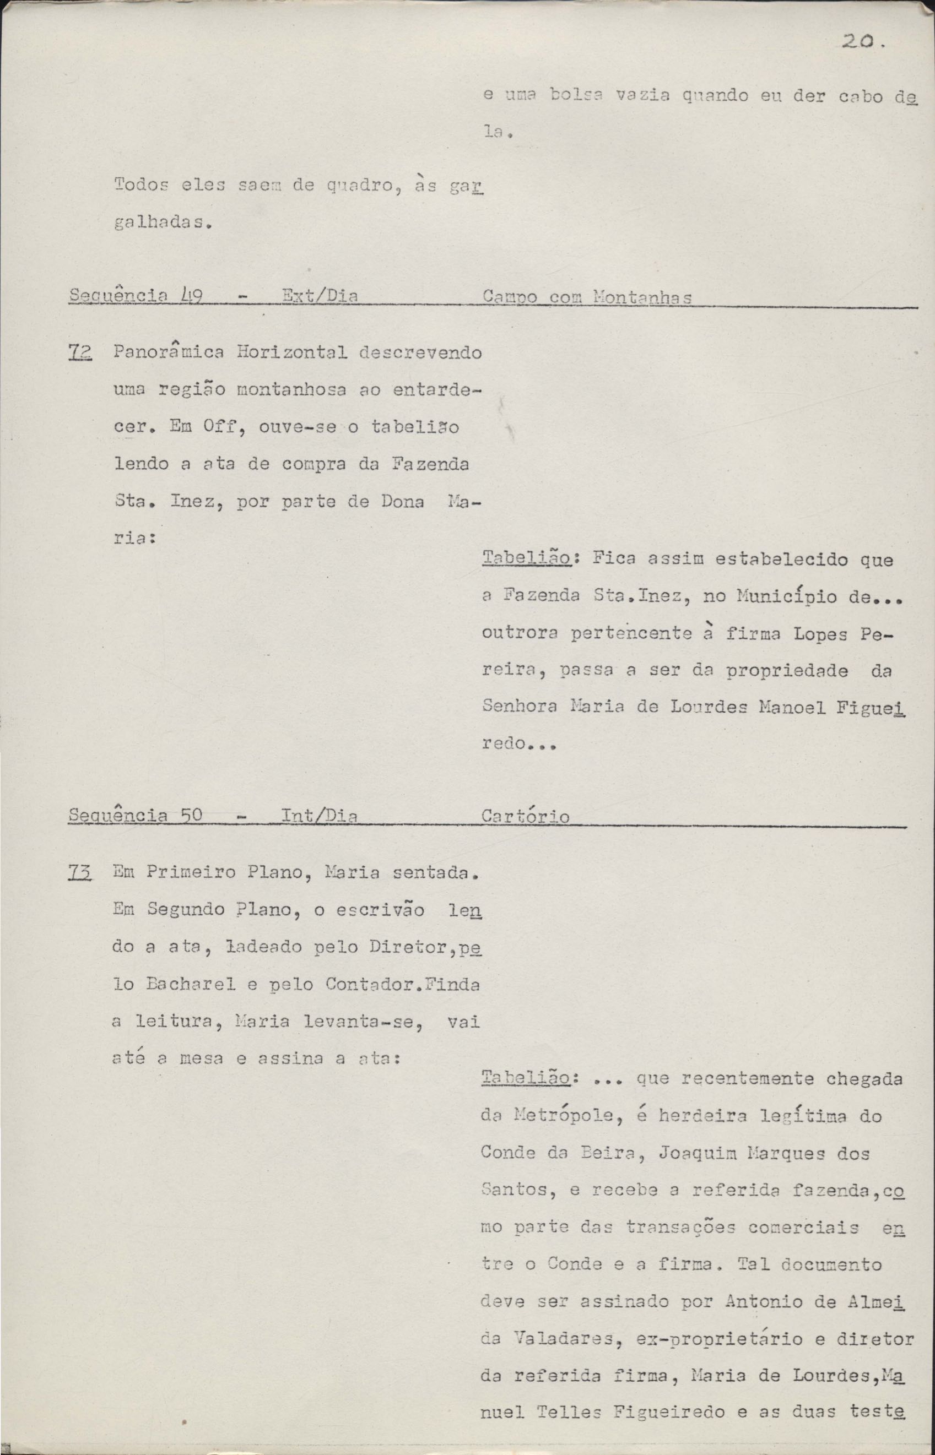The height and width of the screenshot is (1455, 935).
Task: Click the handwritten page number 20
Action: pyautogui.click(x=857, y=42)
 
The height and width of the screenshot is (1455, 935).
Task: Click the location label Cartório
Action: pyautogui.click(x=525, y=817)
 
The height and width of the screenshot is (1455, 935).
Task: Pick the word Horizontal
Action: pyautogui.click(x=284, y=352)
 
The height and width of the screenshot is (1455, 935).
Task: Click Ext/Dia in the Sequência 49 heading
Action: pyautogui.click(x=320, y=296)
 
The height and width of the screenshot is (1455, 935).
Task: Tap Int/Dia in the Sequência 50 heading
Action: pyautogui.click(x=320, y=816)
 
